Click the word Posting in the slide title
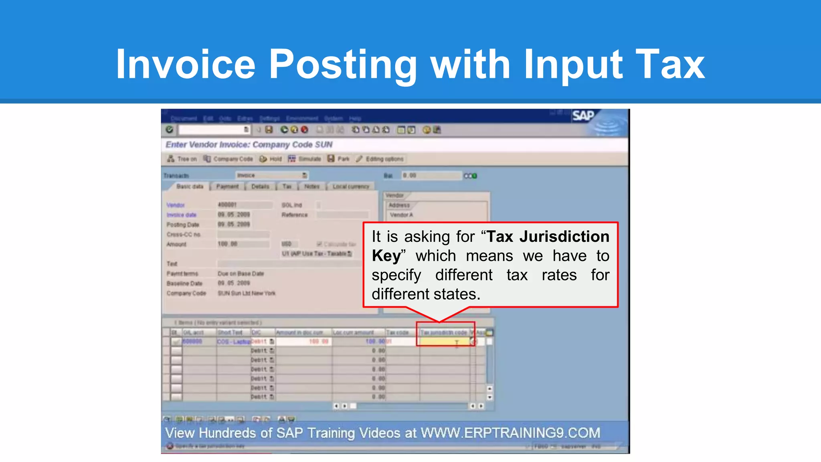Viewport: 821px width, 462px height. click(343, 64)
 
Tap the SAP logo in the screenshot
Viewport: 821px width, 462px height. click(583, 116)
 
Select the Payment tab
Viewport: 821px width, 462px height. click(227, 186)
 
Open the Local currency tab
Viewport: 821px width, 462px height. click(350, 186)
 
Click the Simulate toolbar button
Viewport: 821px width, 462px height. click(305, 159)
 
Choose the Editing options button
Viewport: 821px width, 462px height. click(380, 159)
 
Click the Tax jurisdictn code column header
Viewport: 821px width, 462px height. click(443, 332)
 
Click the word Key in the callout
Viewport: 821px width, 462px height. click(386, 256)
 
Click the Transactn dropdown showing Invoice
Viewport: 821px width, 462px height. click(271, 175)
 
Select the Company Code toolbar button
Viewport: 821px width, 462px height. click(228, 159)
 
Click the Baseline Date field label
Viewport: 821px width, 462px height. click(184, 284)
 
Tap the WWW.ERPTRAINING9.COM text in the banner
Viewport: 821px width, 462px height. click(510, 433)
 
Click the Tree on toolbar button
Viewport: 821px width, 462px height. click(182, 159)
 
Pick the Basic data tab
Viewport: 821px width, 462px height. click(190, 186)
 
